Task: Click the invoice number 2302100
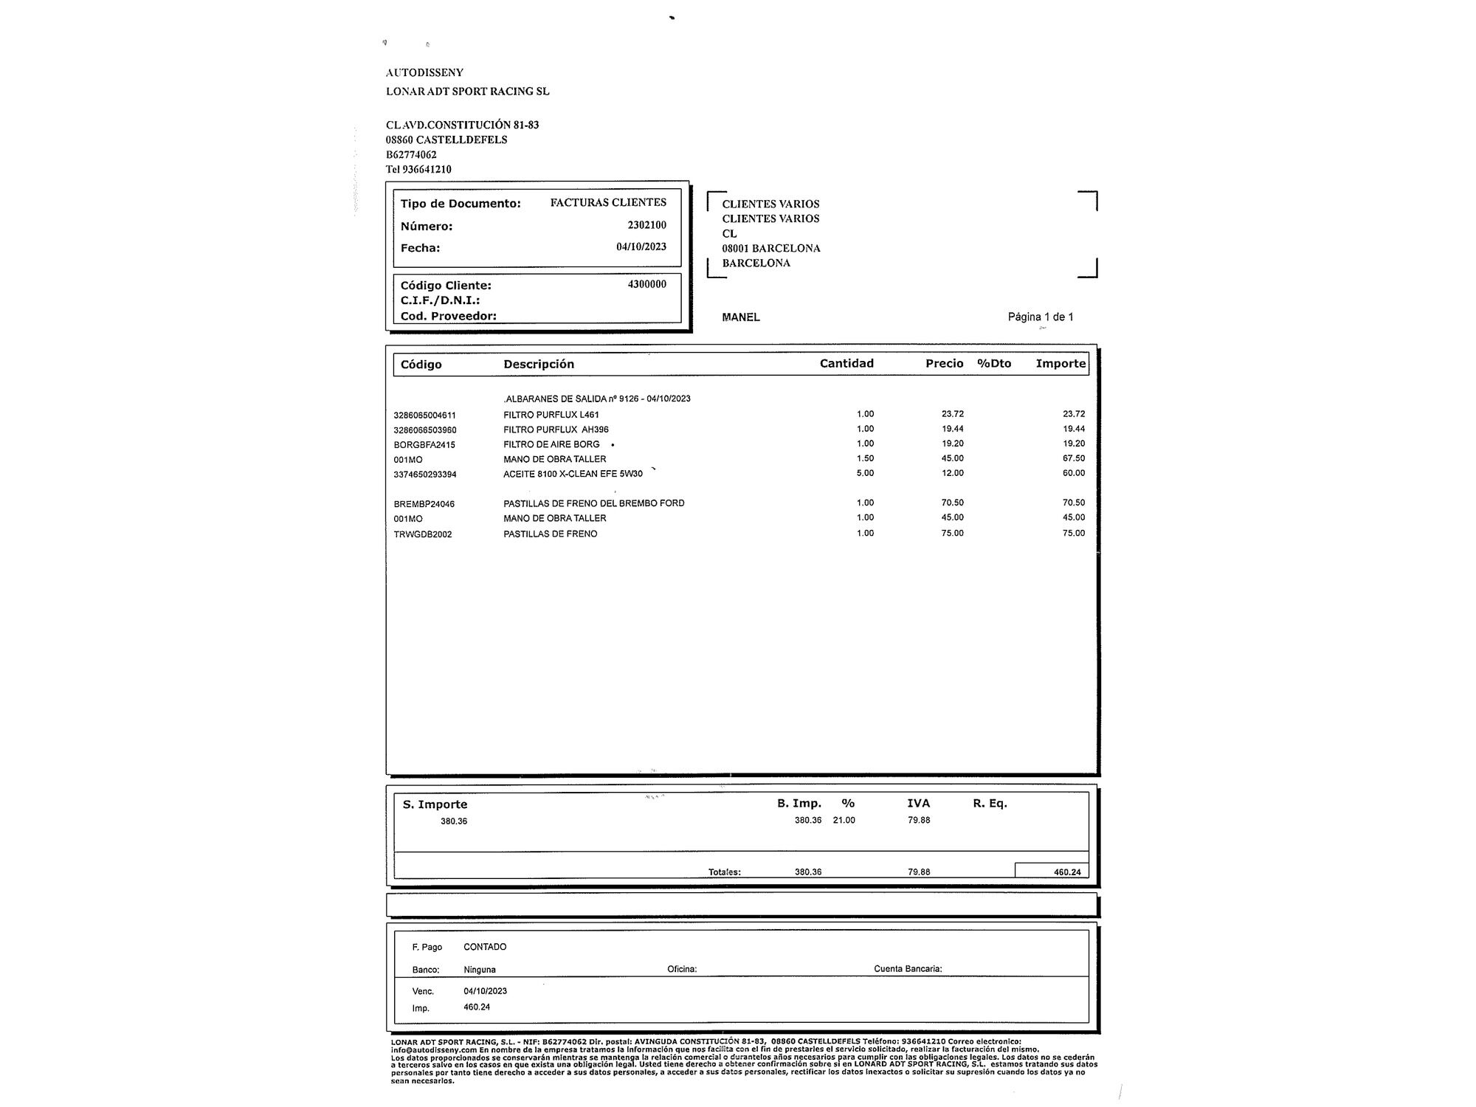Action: click(646, 225)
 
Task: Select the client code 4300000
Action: click(646, 284)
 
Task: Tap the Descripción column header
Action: click(539, 364)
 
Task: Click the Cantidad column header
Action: click(846, 363)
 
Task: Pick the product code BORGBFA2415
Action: click(424, 445)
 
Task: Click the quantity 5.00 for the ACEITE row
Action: click(865, 473)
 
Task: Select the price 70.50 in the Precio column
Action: click(952, 503)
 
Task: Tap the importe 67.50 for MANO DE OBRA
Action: click(1074, 458)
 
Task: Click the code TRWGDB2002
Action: click(423, 534)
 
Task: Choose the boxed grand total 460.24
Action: click(1067, 872)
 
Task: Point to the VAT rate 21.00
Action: click(844, 821)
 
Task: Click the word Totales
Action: click(724, 872)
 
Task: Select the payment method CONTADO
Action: click(485, 947)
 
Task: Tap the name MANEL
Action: click(741, 317)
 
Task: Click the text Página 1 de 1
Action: click(1041, 317)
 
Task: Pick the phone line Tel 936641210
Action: click(418, 169)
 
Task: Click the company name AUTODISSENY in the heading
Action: click(424, 72)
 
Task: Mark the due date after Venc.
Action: click(485, 991)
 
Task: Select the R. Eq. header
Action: click(990, 804)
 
